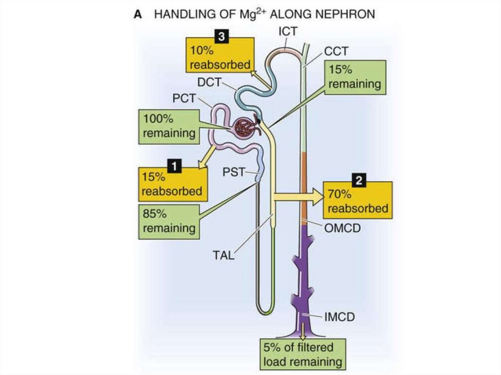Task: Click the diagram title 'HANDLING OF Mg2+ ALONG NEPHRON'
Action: pyautogui.click(x=264, y=14)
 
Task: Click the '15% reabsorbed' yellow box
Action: pyautogui.click(x=172, y=184)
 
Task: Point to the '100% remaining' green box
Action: pyautogui.click(x=169, y=126)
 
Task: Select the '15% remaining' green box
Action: pyautogui.click(x=354, y=77)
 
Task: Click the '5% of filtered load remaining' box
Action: pyautogui.click(x=302, y=354)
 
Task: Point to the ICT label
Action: pyautogui.click(x=288, y=32)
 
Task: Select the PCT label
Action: pyautogui.click(x=184, y=98)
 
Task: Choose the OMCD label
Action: pyautogui.click(x=342, y=226)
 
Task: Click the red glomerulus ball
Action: pyautogui.click(x=244, y=129)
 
